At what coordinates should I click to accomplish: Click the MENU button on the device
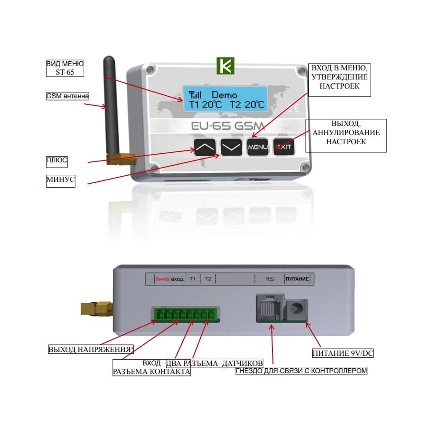pyautogui.click(x=258, y=147)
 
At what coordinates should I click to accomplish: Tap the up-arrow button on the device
pyautogui.click(x=205, y=147)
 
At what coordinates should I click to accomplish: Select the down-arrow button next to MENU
pyautogui.click(x=231, y=147)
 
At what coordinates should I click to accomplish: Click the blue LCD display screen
pyautogui.click(x=224, y=99)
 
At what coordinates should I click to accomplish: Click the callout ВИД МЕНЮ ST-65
pyautogui.click(x=65, y=68)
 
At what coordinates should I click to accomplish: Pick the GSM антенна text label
pyautogui.click(x=68, y=96)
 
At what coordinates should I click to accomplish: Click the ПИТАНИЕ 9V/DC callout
pyautogui.click(x=342, y=353)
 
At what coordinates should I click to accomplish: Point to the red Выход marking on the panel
pyautogui.click(x=162, y=278)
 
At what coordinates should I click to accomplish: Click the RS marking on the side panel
pyautogui.click(x=270, y=278)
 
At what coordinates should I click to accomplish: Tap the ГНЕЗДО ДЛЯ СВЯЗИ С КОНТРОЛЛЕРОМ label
pyautogui.click(x=302, y=371)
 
